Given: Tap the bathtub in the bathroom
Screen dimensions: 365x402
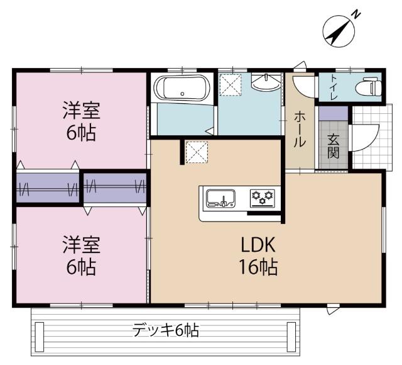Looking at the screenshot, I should point(183,87).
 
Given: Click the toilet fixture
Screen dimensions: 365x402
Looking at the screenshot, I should point(367,87).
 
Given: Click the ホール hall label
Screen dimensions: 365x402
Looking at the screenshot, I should point(301,130).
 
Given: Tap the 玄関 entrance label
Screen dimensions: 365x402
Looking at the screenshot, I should point(333,146).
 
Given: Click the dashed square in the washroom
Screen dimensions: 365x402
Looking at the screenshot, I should point(231,85).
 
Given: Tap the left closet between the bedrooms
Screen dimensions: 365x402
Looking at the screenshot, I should point(48,187).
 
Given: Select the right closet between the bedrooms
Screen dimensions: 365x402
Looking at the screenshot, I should point(114,187).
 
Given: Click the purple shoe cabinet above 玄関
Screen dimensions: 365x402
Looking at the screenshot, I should point(333,113).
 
